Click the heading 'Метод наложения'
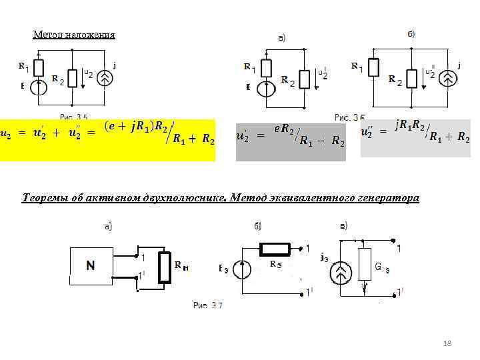click(74, 35)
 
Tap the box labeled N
click(90, 265)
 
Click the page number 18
click(447, 343)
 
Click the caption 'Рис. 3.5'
click(74, 116)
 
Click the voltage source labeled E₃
click(241, 269)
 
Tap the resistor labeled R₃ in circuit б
click(274, 249)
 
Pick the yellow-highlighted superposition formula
click(108, 139)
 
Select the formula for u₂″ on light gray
click(415, 133)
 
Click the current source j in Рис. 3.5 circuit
click(105, 78)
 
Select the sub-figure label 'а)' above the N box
click(108, 227)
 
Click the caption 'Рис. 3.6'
click(349, 117)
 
